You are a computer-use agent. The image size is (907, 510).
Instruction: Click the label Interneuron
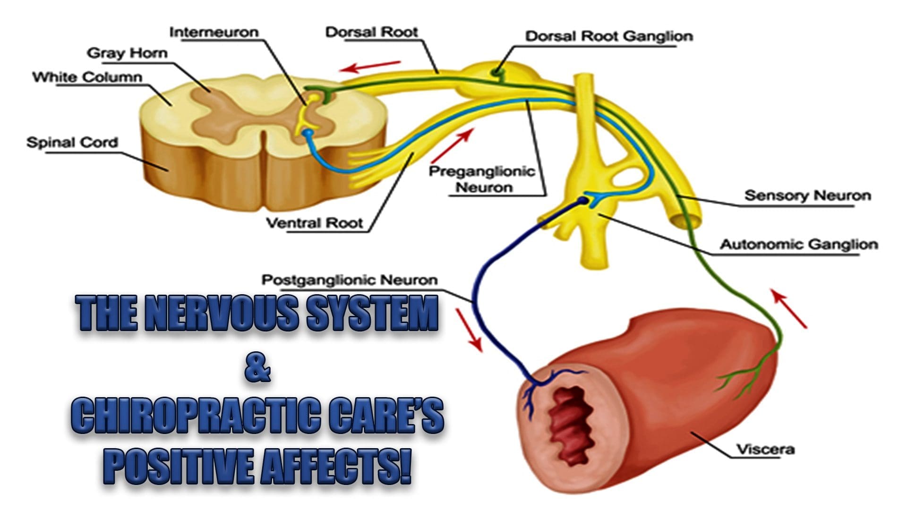pos(214,32)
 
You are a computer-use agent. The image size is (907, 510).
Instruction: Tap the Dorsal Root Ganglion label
pos(609,36)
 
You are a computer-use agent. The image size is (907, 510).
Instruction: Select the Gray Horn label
pos(127,53)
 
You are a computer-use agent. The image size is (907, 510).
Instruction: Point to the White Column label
pos(87,76)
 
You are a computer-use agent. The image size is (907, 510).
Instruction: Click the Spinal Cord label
pos(72,142)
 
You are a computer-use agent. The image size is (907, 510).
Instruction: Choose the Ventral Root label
pos(314,222)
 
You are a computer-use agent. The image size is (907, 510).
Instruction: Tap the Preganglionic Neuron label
pos(482,179)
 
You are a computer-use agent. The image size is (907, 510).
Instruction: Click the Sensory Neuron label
pos(807,195)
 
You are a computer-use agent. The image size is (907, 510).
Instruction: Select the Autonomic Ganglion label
pos(799,245)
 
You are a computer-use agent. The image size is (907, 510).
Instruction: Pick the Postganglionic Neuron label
pos(350,280)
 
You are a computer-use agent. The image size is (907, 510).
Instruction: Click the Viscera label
pos(766,449)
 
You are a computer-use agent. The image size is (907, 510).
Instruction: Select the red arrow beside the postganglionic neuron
pos(469,330)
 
